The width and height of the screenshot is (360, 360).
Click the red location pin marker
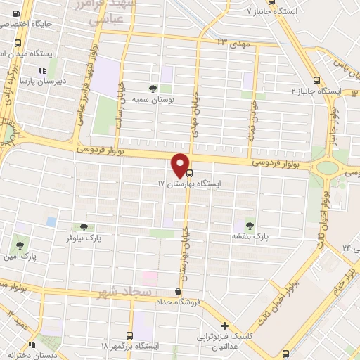(181, 165)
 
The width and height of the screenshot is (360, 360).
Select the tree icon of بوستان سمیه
(153, 89)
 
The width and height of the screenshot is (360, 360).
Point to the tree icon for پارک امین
(20, 246)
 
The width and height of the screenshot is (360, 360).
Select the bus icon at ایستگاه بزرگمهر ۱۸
(129, 335)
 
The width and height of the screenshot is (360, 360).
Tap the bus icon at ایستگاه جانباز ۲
(316, 80)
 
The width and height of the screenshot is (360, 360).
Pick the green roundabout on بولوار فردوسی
(328, 167)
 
